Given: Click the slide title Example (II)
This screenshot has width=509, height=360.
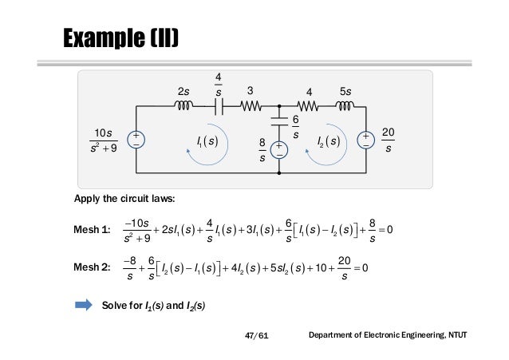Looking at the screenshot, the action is [x=121, y=38].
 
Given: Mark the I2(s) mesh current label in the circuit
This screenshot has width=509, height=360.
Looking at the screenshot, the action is [x=328, y=141].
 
